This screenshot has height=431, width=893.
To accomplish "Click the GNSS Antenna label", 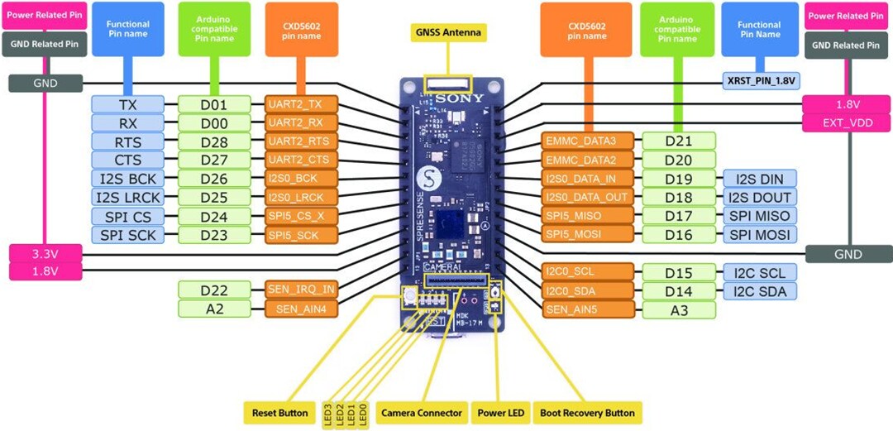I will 447,33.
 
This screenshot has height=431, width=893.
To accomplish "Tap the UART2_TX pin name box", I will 302,105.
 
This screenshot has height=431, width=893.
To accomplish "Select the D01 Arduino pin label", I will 214,105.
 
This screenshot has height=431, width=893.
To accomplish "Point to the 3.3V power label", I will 45,253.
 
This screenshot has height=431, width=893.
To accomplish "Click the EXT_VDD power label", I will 847,123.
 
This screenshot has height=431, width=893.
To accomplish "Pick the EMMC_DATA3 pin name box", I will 588,141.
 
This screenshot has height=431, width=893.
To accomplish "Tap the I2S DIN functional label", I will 759,179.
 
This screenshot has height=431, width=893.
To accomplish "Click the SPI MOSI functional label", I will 759,235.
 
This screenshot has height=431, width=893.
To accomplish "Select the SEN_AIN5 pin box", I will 588,309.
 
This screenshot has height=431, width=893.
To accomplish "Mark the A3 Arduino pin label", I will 678,309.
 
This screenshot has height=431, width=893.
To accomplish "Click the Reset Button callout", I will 279,412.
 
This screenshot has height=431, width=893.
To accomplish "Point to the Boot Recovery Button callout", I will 587,412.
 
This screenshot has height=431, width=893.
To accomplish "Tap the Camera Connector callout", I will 421,412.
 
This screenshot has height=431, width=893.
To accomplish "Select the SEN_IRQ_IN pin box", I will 301,290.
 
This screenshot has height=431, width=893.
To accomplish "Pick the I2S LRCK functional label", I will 127,197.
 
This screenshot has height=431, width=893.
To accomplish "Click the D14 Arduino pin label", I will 678,290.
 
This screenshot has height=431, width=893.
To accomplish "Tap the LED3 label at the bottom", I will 328,412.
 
